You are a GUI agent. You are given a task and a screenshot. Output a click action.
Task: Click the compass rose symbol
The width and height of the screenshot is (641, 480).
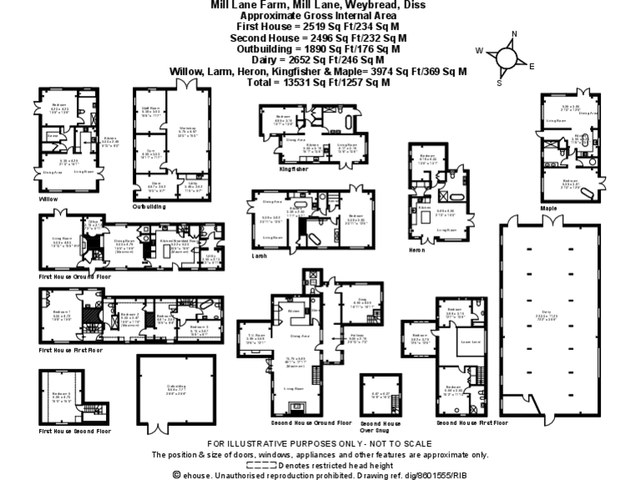click(506, 57)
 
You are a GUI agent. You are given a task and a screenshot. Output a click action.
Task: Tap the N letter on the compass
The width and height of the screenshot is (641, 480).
click(514, 34)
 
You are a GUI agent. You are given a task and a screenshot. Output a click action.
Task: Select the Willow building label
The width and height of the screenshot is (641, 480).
click(48, 200)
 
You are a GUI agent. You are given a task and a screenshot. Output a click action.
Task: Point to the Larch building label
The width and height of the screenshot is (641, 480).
click(260, 257)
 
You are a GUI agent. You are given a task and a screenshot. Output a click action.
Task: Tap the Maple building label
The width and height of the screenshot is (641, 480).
click(548, 207)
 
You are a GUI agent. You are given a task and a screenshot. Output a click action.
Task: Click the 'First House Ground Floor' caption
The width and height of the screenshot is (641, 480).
click(75, 275)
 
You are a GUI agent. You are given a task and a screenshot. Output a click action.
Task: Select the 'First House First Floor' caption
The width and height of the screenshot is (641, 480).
click(72, 350)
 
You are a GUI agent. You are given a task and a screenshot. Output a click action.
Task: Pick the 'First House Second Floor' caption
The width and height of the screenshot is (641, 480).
click(75, 431)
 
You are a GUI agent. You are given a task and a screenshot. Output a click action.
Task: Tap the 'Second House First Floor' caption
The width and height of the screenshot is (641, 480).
click(472, 422)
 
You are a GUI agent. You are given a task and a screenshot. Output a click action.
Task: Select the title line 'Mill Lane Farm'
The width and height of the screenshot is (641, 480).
click(318, 5)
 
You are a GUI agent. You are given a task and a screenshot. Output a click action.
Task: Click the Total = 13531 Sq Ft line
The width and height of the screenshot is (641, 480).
click(318, 82)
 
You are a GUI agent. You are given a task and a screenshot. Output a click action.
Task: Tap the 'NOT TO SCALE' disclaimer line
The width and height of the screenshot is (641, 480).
click(320, 444)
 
